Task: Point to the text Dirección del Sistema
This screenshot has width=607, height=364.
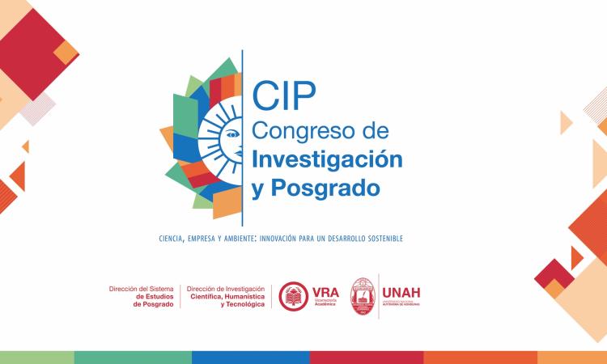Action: coord(141,289)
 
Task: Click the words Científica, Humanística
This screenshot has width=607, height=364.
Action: coord(227,297)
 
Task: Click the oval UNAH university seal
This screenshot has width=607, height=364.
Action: coord(363,296)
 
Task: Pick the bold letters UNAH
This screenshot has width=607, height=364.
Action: coord(401,292)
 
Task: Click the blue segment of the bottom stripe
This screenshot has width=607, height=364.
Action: coord(251,358)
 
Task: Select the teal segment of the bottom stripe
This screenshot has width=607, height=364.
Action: coord(133,358)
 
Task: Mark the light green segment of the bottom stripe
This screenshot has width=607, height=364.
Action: coord(36,358)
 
